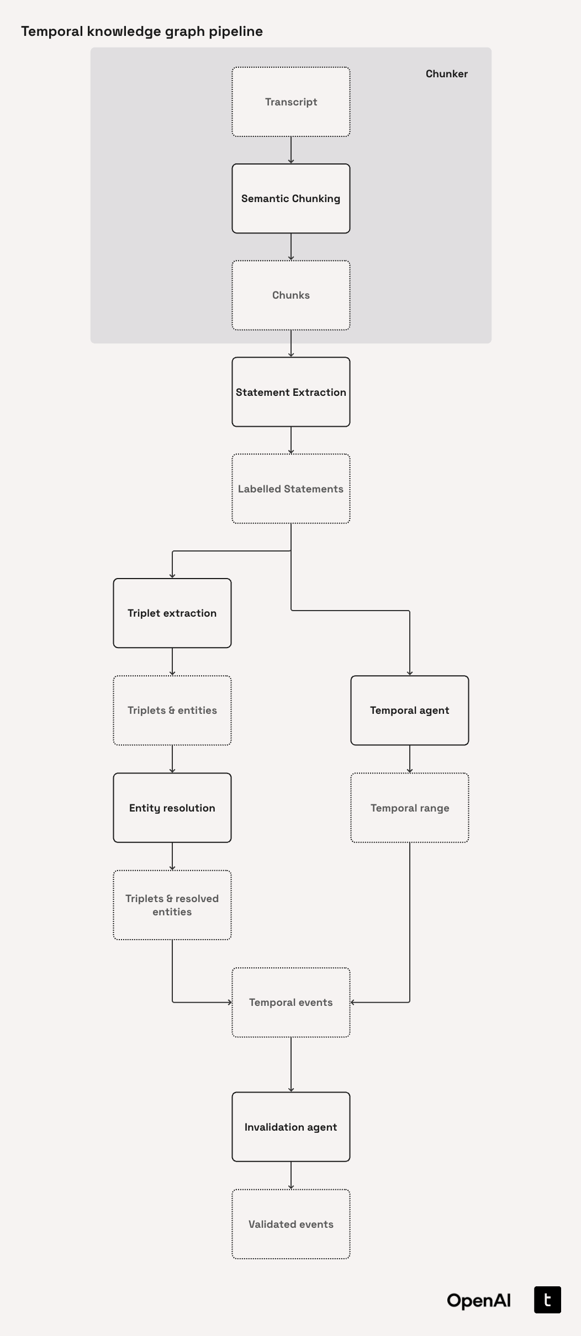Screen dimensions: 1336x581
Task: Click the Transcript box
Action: (291, 102)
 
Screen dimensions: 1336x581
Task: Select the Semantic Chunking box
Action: (291, 199)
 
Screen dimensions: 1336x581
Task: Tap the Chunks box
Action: (291, 295)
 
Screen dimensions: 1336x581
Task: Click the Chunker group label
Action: (446, 74)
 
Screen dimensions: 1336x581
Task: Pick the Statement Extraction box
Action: (291, 392)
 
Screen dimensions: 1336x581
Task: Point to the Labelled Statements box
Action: (291, 489)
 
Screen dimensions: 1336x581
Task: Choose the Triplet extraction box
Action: (172, 613)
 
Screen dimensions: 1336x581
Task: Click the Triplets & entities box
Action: (172, 711)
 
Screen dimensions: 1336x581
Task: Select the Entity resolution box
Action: (172, 808)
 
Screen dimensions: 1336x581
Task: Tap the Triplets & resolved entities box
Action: (172, 905)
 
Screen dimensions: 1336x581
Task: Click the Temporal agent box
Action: (410, 711)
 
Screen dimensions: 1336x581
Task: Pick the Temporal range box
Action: (410, 808)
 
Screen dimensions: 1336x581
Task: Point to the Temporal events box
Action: (291, 1003)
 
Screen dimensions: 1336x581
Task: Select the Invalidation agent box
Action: (291, 1127)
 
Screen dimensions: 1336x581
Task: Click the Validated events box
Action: (291, 1224)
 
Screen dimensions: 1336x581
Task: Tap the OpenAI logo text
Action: (479, 1301)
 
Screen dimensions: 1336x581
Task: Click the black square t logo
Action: (547, 1300)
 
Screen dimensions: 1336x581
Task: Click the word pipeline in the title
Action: (236, 31)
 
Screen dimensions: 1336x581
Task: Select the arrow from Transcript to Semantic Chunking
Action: (291, 150)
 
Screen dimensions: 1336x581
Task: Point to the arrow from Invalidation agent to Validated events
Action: (291, 1175)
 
